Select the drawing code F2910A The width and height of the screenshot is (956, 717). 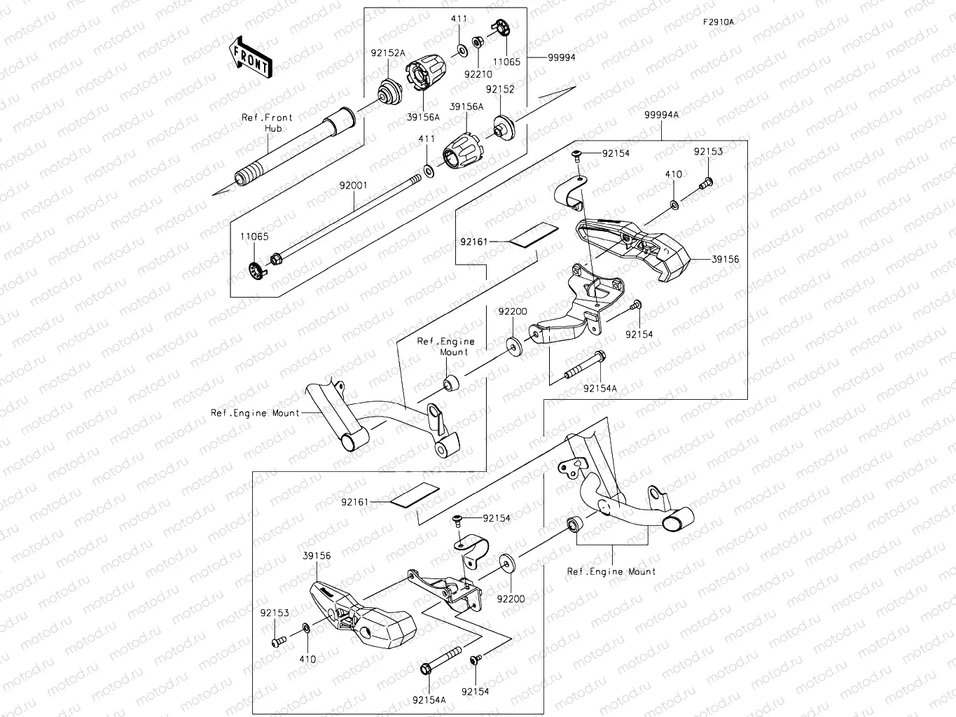pyautogui.click(x=719, y=22)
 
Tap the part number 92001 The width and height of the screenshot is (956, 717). pyautogui.click(x=353, y=186)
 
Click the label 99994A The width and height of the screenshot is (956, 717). pyautogui.click(x=661, y=115)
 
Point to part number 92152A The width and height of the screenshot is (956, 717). pyautogui.click(x=388, y=53)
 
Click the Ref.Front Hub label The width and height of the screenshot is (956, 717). pyautogui.click(x=268, y=123)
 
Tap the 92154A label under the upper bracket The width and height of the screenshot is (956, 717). pyautogui.click(x=601, y=388)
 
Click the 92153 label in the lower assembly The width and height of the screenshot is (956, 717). pyautogui.click(x=275, y=613)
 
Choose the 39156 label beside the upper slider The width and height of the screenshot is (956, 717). pyautogui.click(x=725, y=259)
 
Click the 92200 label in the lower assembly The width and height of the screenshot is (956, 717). pyautogui.click(x=511, y=599)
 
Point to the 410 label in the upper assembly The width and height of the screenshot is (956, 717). pyautogui.click(x=673, y=174)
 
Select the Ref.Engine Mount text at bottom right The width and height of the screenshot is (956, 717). pyautogui.click(x=611, y=571)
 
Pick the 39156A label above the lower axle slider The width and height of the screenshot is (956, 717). pyautogui.click(x=466, y=107)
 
